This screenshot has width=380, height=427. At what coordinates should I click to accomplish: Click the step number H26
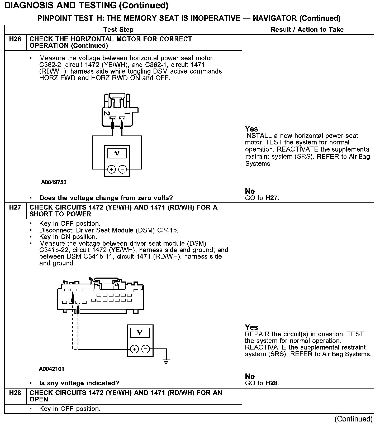15,39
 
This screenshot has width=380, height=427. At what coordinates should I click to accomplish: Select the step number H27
15,208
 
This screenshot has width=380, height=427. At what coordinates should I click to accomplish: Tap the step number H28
15,393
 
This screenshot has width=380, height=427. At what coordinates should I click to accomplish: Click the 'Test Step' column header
118,30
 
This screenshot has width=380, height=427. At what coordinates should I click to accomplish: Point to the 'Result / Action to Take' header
307,30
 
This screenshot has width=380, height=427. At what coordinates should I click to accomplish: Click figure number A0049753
54,182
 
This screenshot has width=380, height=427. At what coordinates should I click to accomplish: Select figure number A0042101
51,369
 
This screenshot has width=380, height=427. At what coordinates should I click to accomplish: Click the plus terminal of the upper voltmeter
112,169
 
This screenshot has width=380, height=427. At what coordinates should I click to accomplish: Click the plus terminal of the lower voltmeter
135,349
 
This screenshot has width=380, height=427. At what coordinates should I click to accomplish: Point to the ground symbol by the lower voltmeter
166,361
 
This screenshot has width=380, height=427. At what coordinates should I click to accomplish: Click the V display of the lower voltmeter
140,332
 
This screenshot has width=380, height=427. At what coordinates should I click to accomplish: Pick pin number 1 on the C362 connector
127,113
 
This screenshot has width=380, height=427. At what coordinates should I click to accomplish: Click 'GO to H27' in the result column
262,198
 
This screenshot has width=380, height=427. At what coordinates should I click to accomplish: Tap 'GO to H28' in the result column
262,383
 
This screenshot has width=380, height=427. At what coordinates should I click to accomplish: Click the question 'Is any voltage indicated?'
79,383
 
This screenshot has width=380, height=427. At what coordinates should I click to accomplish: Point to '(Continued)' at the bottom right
353,419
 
